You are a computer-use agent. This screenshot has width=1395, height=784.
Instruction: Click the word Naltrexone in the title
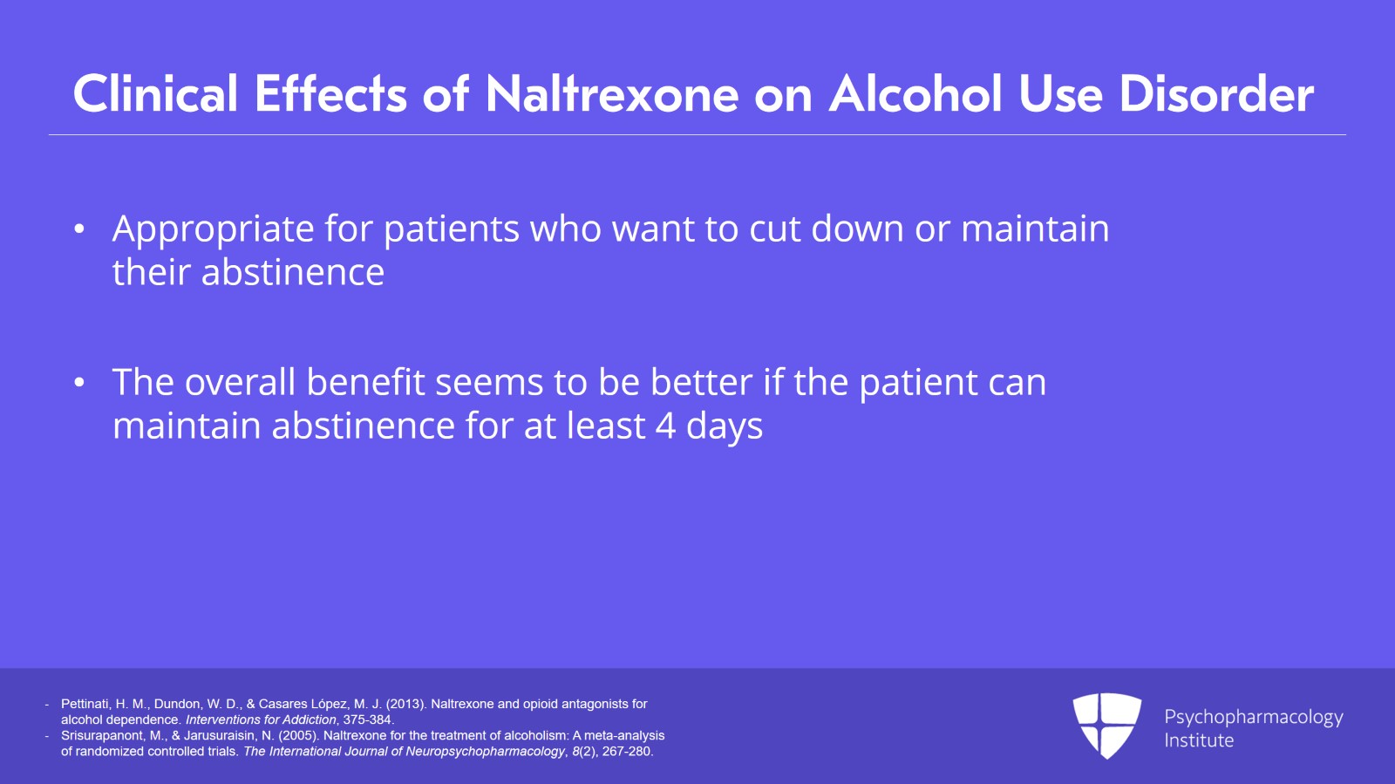pyautogui.click(x=612, y=94)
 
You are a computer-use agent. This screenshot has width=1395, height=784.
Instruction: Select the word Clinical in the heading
pyautogui.click(x=155, y=94)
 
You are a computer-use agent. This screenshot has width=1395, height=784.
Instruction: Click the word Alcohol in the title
pyautogui.click(x=915, y=94)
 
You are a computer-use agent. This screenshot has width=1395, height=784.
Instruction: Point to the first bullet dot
pyautogui.click(x=80, y=229)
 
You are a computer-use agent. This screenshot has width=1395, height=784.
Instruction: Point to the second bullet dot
pyautogui.click(x=80, y=383)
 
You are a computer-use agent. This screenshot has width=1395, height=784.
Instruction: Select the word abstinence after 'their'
pyautogui.click(x=293, y=273)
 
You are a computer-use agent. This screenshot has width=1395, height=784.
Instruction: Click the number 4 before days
pyautogui.click(x=665, y=426)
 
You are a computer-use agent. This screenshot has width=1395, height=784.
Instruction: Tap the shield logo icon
pyautogui.click(x=1106, y=724)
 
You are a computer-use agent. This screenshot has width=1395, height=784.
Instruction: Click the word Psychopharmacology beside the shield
pyautogui.click(x=1253, y=718)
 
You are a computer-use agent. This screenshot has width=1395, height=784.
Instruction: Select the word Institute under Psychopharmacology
pyautogui.click(x=1199, y=740)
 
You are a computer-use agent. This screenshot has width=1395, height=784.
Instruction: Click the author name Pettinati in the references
pyautogui.click(x=85, y=704)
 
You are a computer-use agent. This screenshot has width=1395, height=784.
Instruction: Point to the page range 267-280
pyautogui.click(x=626, y=751)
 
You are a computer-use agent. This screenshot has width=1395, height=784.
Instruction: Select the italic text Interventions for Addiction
pyautogui.click(x=261, y=719)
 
